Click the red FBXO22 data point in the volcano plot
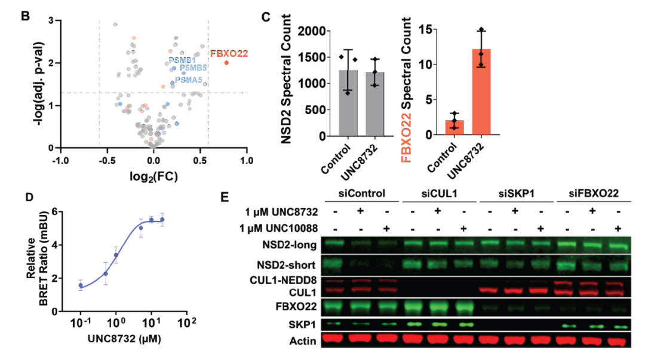tap(226, 63)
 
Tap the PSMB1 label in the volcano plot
tap(181, 60)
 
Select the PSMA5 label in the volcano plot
tap(189, 79)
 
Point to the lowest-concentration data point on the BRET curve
tap(81, 285)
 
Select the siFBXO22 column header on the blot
tap(592, 193)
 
